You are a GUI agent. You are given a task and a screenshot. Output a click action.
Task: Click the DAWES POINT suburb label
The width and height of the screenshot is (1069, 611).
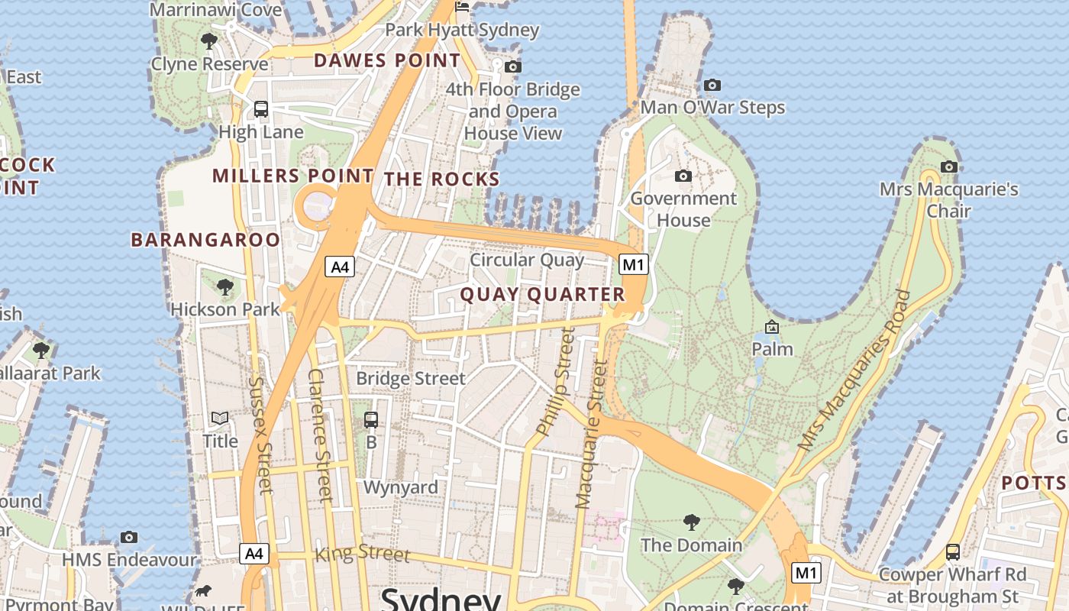(x=387, y=60)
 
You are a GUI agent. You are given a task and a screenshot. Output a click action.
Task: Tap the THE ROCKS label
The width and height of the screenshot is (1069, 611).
(x=441, y=179)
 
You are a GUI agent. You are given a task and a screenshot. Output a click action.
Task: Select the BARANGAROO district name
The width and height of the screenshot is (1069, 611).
(x=205, y=240)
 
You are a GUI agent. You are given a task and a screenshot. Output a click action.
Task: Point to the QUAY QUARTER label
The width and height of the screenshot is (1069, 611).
(x=542, y=295)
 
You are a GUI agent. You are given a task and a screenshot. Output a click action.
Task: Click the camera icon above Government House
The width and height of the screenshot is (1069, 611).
(x=683, y=176)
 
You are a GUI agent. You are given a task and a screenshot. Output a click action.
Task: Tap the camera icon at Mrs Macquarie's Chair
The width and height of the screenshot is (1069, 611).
(x=948, y=166)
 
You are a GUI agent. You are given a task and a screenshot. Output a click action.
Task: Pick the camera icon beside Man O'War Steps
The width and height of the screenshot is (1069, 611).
(x=712, y=85)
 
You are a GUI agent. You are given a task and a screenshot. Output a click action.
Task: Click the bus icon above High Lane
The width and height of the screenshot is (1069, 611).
(x=261, y=109)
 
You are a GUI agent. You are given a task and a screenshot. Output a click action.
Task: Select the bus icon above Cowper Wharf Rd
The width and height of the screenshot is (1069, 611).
(x=952, y=551)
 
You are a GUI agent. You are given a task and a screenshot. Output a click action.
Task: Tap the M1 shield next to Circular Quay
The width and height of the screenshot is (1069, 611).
(x=634, y=264)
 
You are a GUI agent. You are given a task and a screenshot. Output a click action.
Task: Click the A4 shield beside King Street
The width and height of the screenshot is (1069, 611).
(x=254, y=553)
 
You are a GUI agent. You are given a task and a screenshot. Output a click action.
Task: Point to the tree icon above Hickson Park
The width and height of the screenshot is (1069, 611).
(x=224, y=287)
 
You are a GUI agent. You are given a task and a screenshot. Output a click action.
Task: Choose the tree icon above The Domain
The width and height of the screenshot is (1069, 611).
(x=691, y=522)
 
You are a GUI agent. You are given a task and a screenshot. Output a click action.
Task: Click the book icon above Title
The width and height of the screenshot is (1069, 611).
(x=220, y=419)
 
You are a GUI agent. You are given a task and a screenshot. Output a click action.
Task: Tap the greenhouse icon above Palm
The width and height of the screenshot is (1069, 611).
(x=772, y=327)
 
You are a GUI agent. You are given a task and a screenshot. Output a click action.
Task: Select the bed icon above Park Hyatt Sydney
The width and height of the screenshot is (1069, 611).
(x=462, y=8)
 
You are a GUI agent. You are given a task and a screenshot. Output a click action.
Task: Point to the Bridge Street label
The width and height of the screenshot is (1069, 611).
(x=411, y=378)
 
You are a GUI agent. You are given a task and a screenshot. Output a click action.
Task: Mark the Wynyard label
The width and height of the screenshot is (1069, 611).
(x=401, y=487)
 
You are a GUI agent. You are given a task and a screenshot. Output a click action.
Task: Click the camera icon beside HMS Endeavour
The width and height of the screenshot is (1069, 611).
(x=129, y=537)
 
